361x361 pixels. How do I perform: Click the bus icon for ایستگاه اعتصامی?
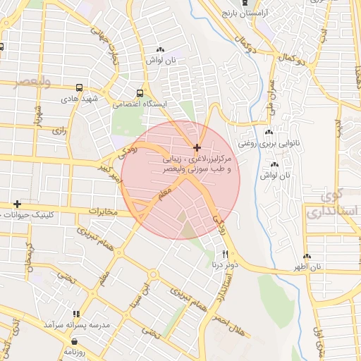(x=140, y=92)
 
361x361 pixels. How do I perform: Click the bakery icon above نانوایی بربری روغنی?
(x=269, y=133)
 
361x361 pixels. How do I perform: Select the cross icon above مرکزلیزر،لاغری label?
(x=197, y=147)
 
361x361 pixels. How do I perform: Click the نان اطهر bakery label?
(x=308, y=267)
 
